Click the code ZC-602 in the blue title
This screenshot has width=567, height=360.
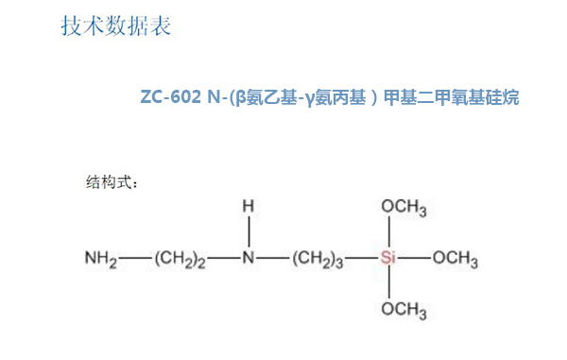(168, 97)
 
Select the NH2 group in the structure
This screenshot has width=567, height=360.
(102, 258)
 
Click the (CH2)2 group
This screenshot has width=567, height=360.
(180, 258)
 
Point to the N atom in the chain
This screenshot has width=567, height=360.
(249, 257)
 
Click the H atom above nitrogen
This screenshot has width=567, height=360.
(249, 206)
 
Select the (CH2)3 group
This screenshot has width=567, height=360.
(318, 258)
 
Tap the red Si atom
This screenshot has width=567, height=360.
(388, 257)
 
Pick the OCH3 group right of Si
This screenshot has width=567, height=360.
(455, 258)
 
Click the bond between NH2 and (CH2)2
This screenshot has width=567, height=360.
(136, 257)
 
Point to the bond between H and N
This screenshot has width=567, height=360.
(249, 231)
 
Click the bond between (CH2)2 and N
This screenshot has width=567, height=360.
(225, 257)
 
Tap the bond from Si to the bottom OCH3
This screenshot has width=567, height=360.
(388, 283)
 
